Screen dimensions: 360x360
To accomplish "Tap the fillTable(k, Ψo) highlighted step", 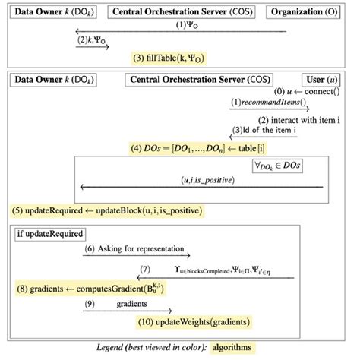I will [x=168, y=58].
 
